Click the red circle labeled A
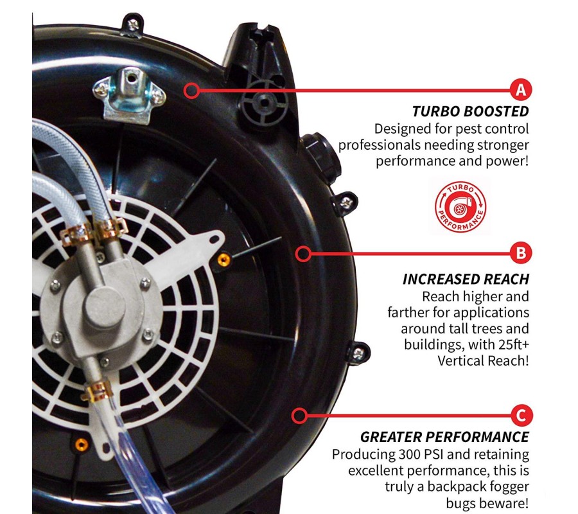pyautogui.click(x=521, y=89)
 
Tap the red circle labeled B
pyautogui.click(x=521, y=253)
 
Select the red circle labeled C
pyautogui.click(x=521, y=415)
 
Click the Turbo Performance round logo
pyautogui.click(x=460, y=207)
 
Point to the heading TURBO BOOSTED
pyautogui.click(x=470, y=111)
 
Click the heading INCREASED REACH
pyautogui.click(x=466, y=279)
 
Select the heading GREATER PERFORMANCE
pyautogui.click(x=444, y=437)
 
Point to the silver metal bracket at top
pyautogui.click(x=129, y=95)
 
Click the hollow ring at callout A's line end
pyautogui.click(x=191, y=91)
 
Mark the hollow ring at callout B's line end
pyautogui.click(x=303, y=254)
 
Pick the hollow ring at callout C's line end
pyautogui.click(x=300, y=416)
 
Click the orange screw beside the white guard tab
pyautogui.click(x=223, y=260)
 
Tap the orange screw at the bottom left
pyautogui.click(x=82, y=445)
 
